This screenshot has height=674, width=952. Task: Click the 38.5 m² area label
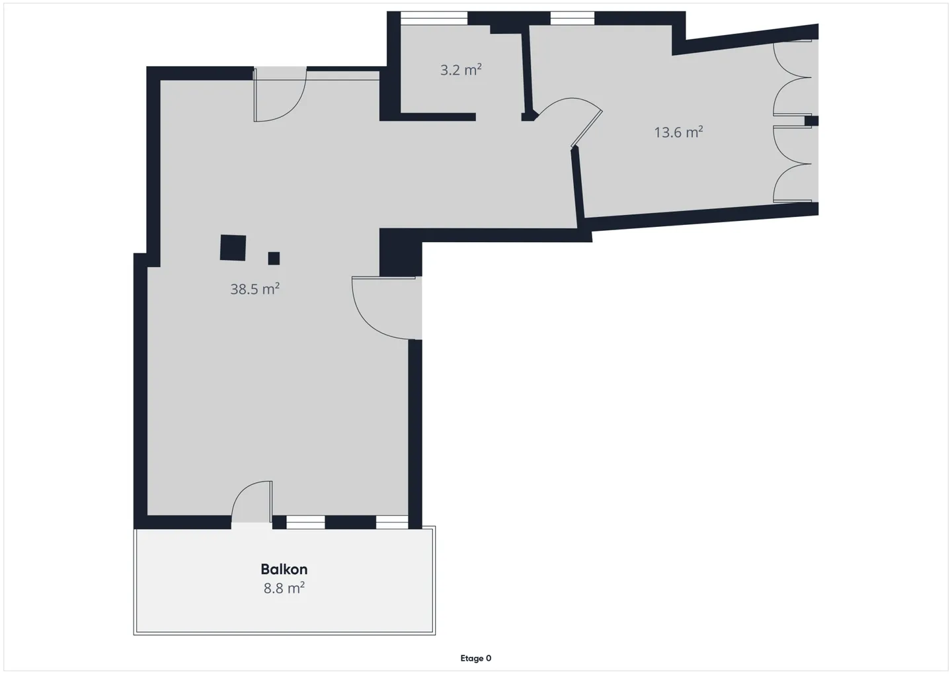point(255,289)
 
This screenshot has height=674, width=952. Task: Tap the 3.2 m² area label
point(461,69)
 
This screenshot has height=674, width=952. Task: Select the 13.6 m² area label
point(678,132)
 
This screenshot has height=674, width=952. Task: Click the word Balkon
point(284,569)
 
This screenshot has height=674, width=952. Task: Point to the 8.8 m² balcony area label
point(284,588)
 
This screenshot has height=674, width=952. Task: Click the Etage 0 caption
point(475,658)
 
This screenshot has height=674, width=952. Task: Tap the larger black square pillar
point(233,247)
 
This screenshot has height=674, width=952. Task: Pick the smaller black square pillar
point(274,258)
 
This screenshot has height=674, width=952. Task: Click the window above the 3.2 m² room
point(434,19)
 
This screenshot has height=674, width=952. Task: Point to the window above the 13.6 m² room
point(573,19)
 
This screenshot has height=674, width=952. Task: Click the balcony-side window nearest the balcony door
point(305,523)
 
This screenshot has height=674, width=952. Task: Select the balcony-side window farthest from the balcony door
point(392,523)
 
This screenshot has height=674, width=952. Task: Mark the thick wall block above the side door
point(401,253)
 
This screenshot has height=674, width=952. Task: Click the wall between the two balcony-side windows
point(350,523)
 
